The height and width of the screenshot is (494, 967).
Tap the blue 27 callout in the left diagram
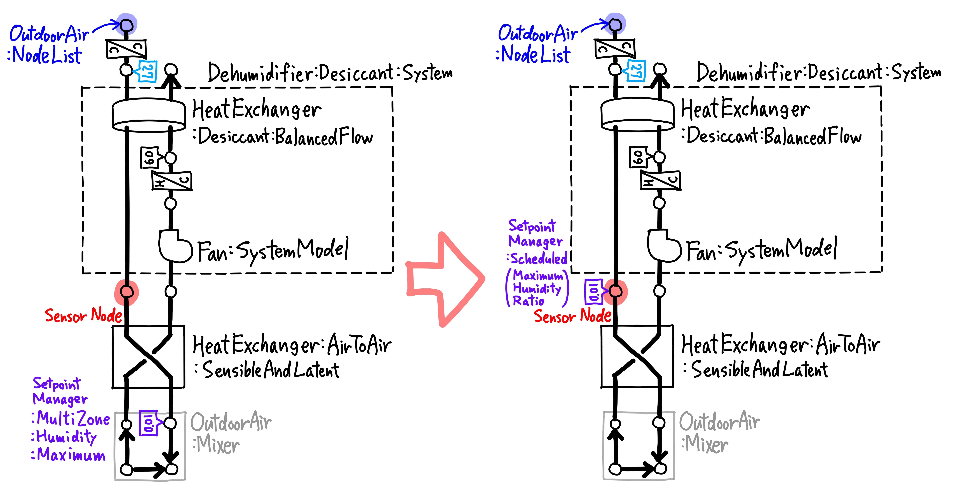tap(147, 71)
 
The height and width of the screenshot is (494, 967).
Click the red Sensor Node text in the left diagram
tap(83, 315)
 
